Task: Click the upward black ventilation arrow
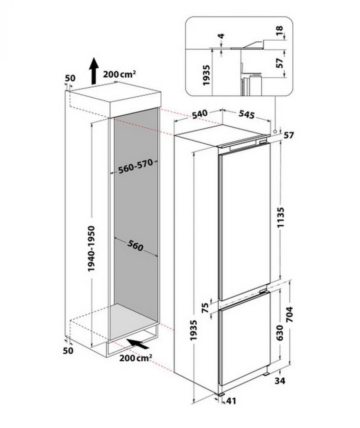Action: [x=93, y=71]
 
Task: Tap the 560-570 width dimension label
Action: [x=135, y=166]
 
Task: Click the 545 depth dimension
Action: [x=247, y=114]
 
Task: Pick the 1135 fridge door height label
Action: [x=280, y=217]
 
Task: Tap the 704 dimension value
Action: [x=289, y=314]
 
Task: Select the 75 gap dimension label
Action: [x=205, y=308]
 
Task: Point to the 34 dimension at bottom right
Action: [x=280, y=380]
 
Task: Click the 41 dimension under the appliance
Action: [x=231, y=401]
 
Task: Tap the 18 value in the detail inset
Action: [x=280, y=31]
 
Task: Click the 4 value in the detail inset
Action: [x=221, y=36]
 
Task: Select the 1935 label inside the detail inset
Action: [x=206, y=75]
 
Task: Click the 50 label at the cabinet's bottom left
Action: [x=68, y=350]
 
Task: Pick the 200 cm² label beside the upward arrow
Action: [x=119, y=74]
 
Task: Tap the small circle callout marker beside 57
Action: [x=275, y=131]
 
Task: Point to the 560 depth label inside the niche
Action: [x=135, y=246]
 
